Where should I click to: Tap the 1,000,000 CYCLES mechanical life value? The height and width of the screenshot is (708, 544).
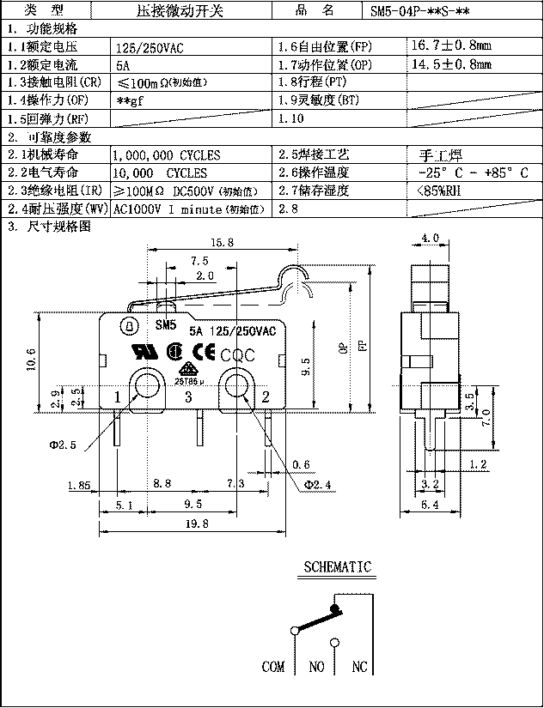click(x=166, y=155)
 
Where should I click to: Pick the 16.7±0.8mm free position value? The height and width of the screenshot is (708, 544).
click(x=452, y=46)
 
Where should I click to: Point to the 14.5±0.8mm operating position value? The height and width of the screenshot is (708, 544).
click(x=452, y=64)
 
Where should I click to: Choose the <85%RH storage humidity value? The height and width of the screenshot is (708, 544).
click(x=438, y=191)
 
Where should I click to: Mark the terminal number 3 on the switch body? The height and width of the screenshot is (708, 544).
click(x=189, y=396)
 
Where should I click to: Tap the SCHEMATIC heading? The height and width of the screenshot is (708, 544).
click(x=338, y=566)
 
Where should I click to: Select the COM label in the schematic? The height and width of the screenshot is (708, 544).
click(x=273, y=667)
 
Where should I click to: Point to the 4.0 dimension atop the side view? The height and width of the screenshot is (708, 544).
click(x=430, y=238)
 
